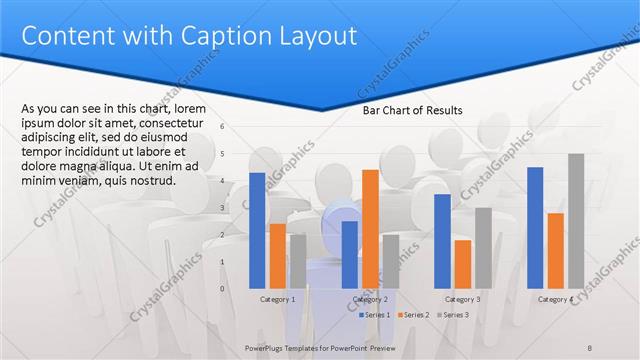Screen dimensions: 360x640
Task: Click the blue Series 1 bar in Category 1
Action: tap(257, 230)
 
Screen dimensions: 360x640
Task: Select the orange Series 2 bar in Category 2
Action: tap(370, 229)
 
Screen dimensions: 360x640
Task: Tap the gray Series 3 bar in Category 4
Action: tap(576, 221)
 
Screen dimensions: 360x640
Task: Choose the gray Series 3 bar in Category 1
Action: tap(297, 261)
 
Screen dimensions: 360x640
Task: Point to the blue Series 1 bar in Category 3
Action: tap(442, 241)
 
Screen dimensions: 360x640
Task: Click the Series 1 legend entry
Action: tap(375, 315)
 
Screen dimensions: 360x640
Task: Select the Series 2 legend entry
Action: tap(414, 315)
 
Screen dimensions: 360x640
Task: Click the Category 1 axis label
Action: tap(277, 299)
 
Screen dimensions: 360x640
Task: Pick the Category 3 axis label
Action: tap(462, 299)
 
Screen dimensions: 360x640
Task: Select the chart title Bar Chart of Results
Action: tap(412, 111)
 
